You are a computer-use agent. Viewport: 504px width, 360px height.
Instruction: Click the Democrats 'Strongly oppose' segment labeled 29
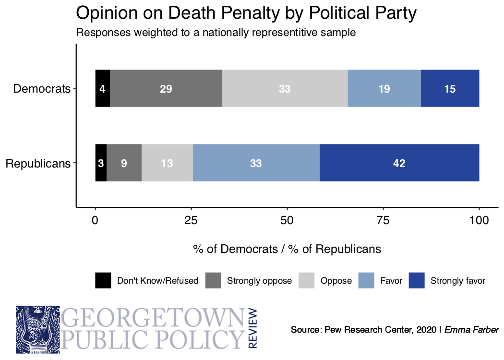166,88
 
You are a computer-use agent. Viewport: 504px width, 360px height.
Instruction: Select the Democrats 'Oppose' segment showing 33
285,88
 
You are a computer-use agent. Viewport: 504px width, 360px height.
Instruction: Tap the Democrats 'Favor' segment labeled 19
384,88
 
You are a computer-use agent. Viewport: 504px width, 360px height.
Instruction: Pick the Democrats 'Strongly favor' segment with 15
450,88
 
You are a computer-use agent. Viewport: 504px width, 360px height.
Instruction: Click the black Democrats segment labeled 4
103,88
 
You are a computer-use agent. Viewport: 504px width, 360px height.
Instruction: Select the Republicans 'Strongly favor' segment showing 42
399,163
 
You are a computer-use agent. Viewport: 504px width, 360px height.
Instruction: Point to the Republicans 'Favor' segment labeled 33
256,163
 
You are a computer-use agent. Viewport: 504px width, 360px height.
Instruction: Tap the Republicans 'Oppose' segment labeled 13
167,163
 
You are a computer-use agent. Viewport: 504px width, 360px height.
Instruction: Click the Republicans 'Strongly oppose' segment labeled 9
124,163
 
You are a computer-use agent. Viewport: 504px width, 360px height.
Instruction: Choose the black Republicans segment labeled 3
101,163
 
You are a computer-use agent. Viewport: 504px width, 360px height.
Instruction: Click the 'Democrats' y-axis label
42,89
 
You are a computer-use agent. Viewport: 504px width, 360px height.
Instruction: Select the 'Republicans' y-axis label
38,164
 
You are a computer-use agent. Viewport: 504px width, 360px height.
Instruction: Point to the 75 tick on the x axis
383,221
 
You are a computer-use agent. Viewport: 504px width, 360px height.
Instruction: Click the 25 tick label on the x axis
191,221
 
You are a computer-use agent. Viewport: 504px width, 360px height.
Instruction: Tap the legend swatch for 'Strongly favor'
417,280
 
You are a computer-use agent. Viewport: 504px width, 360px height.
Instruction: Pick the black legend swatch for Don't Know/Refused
103,280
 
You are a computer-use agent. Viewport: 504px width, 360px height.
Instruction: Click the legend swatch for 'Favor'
366,280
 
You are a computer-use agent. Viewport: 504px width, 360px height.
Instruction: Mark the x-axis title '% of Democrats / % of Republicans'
287,249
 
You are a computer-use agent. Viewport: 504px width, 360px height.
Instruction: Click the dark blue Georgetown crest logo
38,330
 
